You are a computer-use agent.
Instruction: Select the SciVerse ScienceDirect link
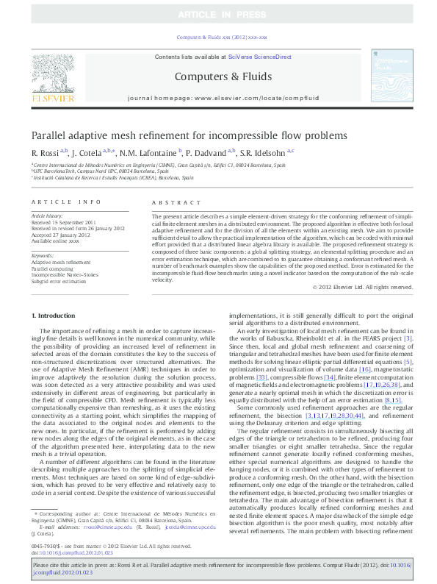(259, 57)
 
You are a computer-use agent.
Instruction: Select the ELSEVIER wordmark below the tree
(52, 97)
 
